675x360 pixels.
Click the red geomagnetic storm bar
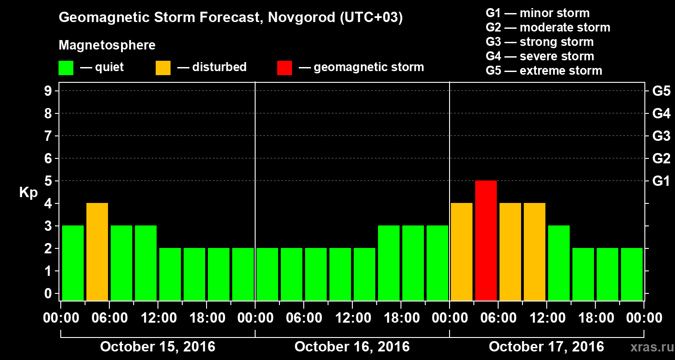[486, 240]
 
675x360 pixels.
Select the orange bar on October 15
[97, 252]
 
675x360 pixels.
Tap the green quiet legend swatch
[66, 68]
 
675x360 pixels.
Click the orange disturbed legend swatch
[163, 68]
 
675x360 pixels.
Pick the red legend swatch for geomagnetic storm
[284, 68]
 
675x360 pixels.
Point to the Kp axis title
[28, 193]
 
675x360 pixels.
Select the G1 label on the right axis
[661, 181]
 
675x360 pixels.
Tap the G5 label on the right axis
[661, 91]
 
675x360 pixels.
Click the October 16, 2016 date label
[352, 347]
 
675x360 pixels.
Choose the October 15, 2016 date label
[157, 347]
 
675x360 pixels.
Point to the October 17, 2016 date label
[546, 347]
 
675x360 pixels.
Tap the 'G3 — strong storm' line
[540, 42]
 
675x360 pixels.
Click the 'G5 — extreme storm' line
[544, 71]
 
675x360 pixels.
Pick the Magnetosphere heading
[107, 45]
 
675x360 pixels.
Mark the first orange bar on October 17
[462, 252]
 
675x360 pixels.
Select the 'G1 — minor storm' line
[537, 13]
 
